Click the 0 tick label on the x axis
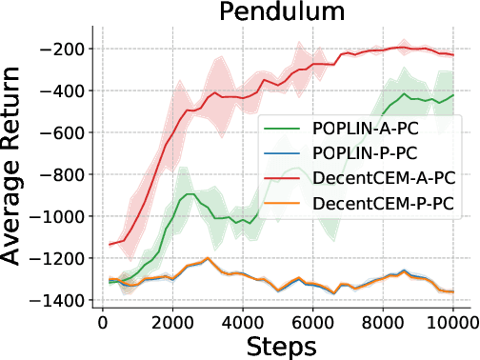click(x=103, y=322)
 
